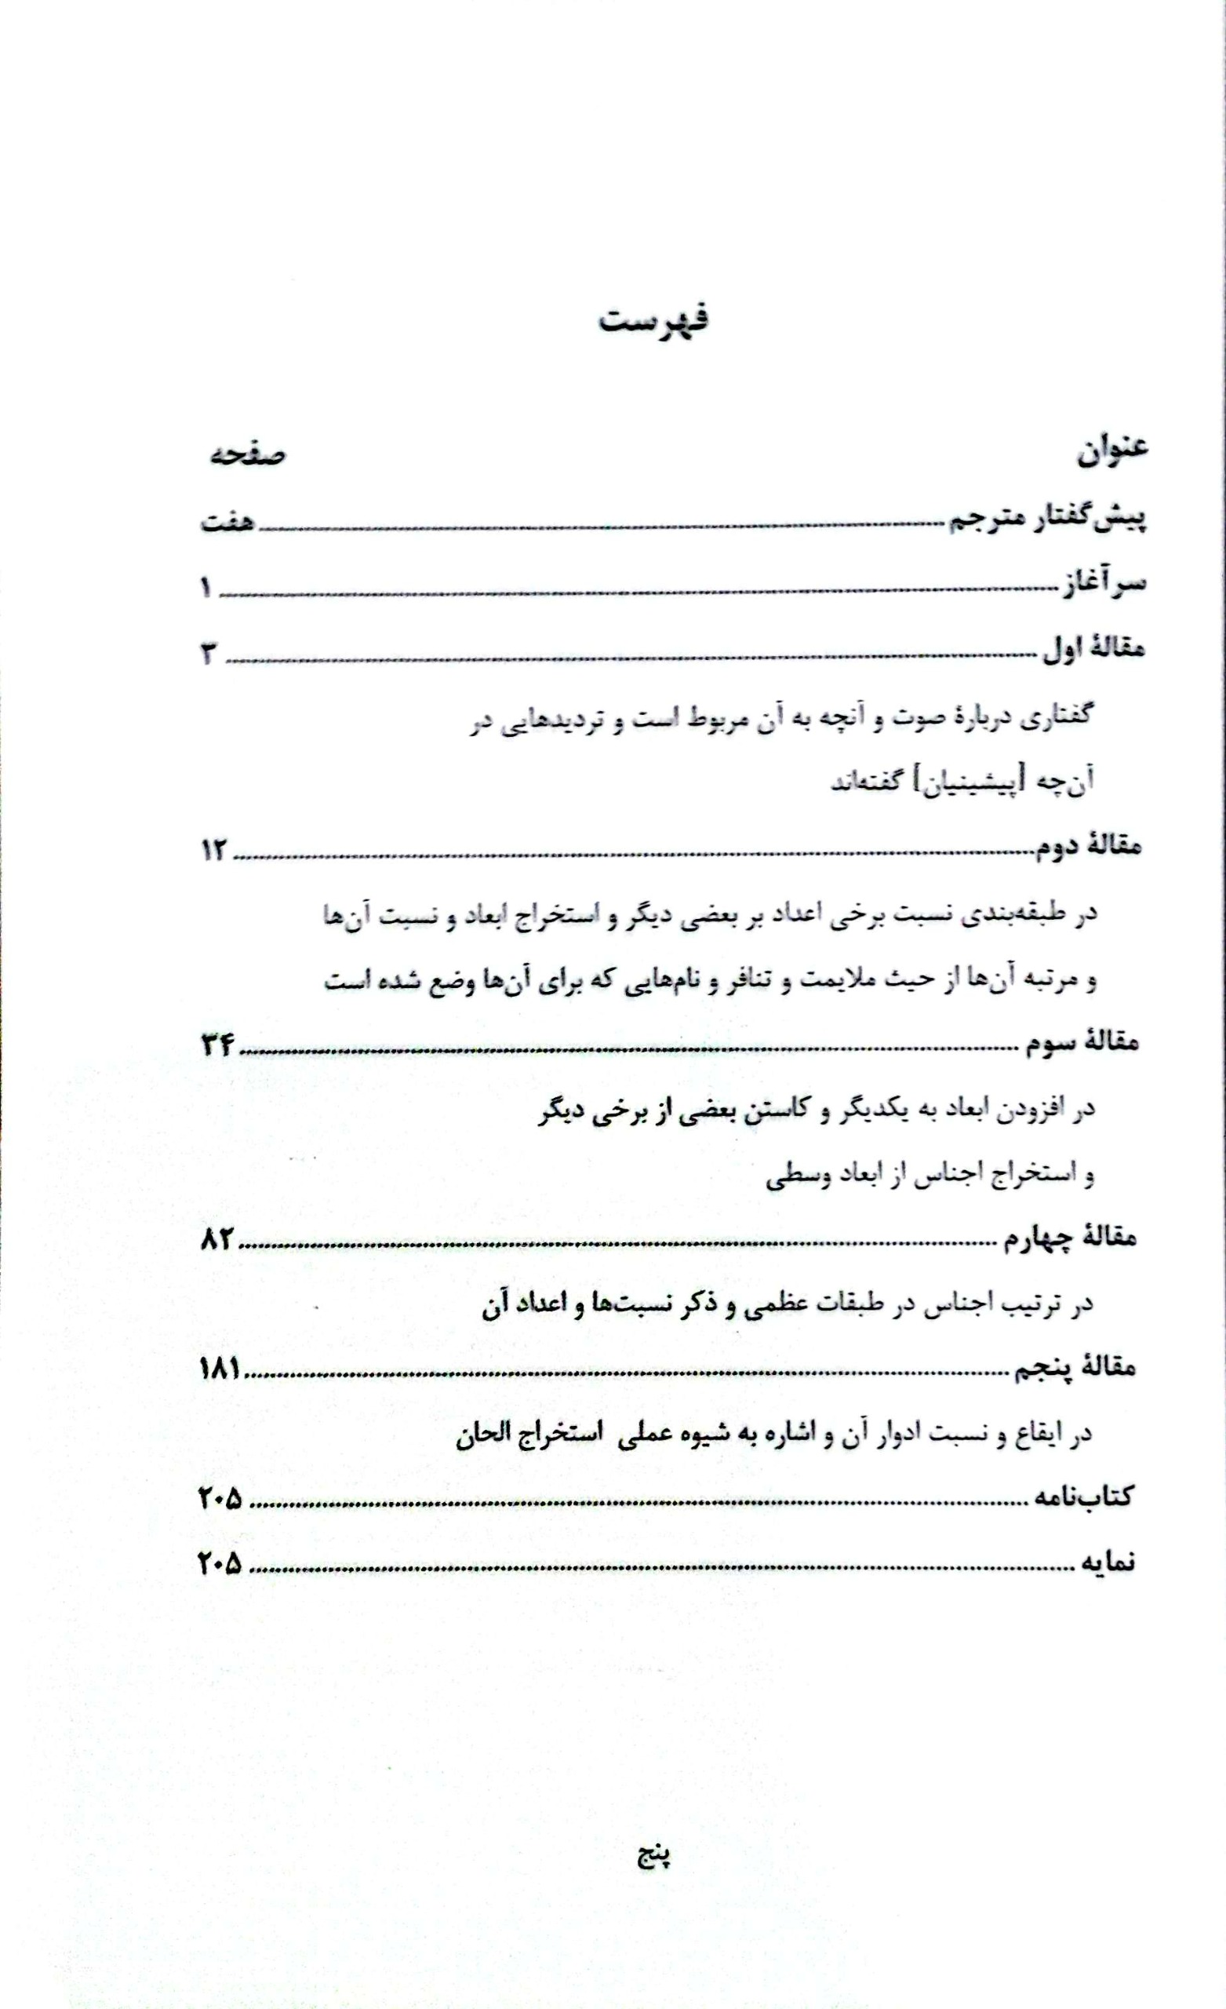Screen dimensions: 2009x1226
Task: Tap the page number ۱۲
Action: tap(216, 851)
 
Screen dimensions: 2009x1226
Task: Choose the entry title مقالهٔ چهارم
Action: tap(1073, 1238)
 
